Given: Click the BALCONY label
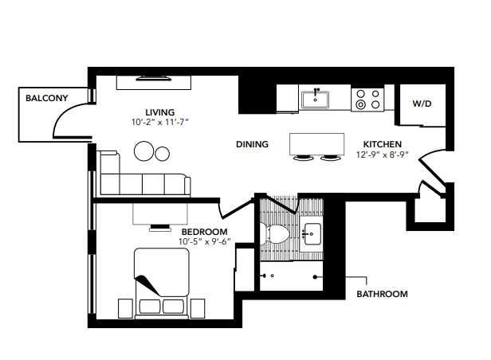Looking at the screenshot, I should [47, 99].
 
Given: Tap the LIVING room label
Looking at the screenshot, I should [159, 112].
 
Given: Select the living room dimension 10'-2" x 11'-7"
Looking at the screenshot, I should [159, 123].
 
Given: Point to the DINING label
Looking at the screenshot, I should [252, 144].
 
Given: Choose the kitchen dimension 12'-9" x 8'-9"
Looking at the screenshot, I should [383, 155].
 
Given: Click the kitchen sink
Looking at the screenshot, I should [316, 100].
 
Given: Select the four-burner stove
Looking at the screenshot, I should [368, 99].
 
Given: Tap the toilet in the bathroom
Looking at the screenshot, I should [278, 232].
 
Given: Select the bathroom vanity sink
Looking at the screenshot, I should [312, 233].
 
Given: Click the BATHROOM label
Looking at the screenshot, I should [382, 294].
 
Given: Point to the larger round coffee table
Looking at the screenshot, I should [145, 151].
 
